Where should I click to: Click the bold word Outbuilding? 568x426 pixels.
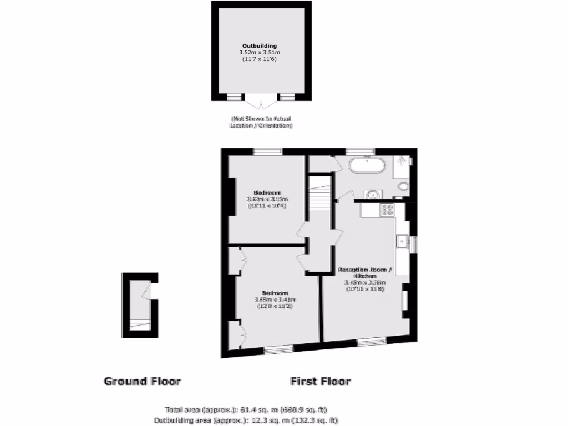(x=259, y=45)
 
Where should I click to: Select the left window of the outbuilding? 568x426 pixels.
(x=235, y=97)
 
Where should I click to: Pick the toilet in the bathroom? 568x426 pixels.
(x=403, y=186)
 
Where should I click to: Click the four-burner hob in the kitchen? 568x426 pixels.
(x=386, y=210)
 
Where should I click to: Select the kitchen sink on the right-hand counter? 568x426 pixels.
(x=401, y=241)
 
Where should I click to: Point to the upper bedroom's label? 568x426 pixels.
(x=267, y=193)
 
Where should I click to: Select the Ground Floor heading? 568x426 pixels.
(x=143, y=381)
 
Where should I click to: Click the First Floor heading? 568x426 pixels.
(x=320, y=381)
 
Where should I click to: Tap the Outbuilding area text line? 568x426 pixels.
(x=245, y=420)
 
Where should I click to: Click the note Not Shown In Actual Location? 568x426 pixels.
(x=260, y=122)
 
